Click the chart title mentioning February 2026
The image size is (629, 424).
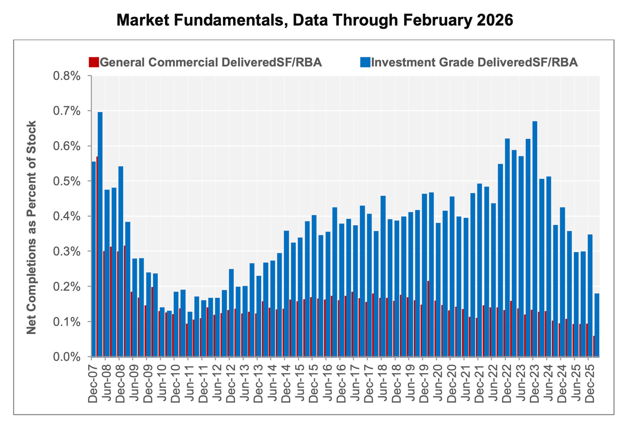pyautogui.click(x=314, y=20)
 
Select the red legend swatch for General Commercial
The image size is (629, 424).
pyautogui.click(x=94, y=62)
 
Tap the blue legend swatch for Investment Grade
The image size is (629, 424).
pyautogui.click(x=365, y=62)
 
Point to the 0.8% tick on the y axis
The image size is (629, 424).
pyautogui.click(x=67, y=76)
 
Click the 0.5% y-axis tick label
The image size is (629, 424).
pyautogui.click(x=67, y=181)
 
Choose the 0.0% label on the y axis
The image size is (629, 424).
pyautogui.click(x=67, y=357)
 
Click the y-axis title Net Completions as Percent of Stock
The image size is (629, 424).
pyautogui.click(x=31, y=227)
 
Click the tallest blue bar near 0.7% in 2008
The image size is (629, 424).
pyautogui.click(x=100, y=234)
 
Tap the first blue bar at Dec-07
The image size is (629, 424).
pyautogui.click(x=94, y=259)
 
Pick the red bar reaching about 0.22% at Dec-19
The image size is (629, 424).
pyautogui.click(x=428, y=318)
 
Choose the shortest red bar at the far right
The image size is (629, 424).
pyautogui.click(x=594, y=346)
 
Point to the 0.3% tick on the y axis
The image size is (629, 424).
pyautogui.click(x=67, y=252)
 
